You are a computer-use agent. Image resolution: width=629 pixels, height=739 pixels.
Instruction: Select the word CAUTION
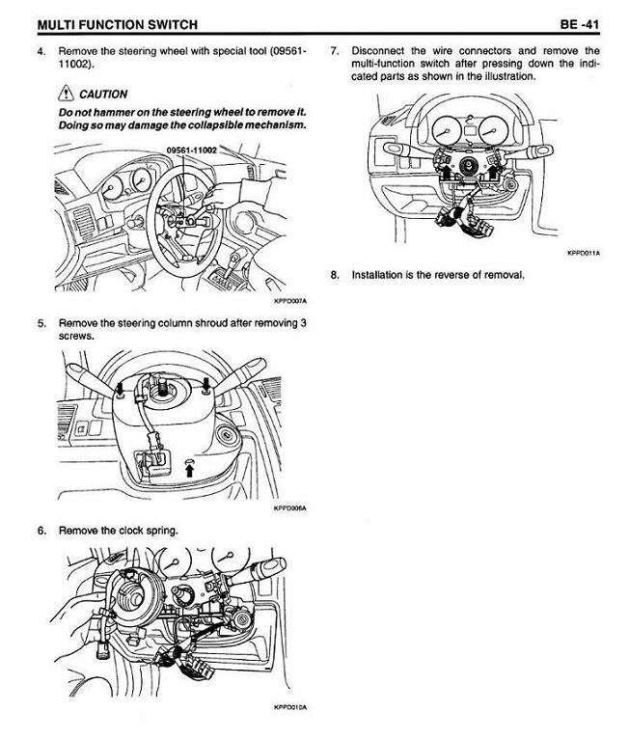[x=105, y=95]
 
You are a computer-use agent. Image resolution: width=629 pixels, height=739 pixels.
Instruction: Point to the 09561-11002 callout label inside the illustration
[x=191, y=151]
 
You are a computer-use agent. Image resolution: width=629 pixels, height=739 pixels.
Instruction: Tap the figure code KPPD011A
[x=583, y=255]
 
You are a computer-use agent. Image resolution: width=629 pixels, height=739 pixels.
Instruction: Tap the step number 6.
[x=41, y=531]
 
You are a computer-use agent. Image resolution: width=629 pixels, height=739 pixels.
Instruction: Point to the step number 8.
[x=334, y=275]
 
